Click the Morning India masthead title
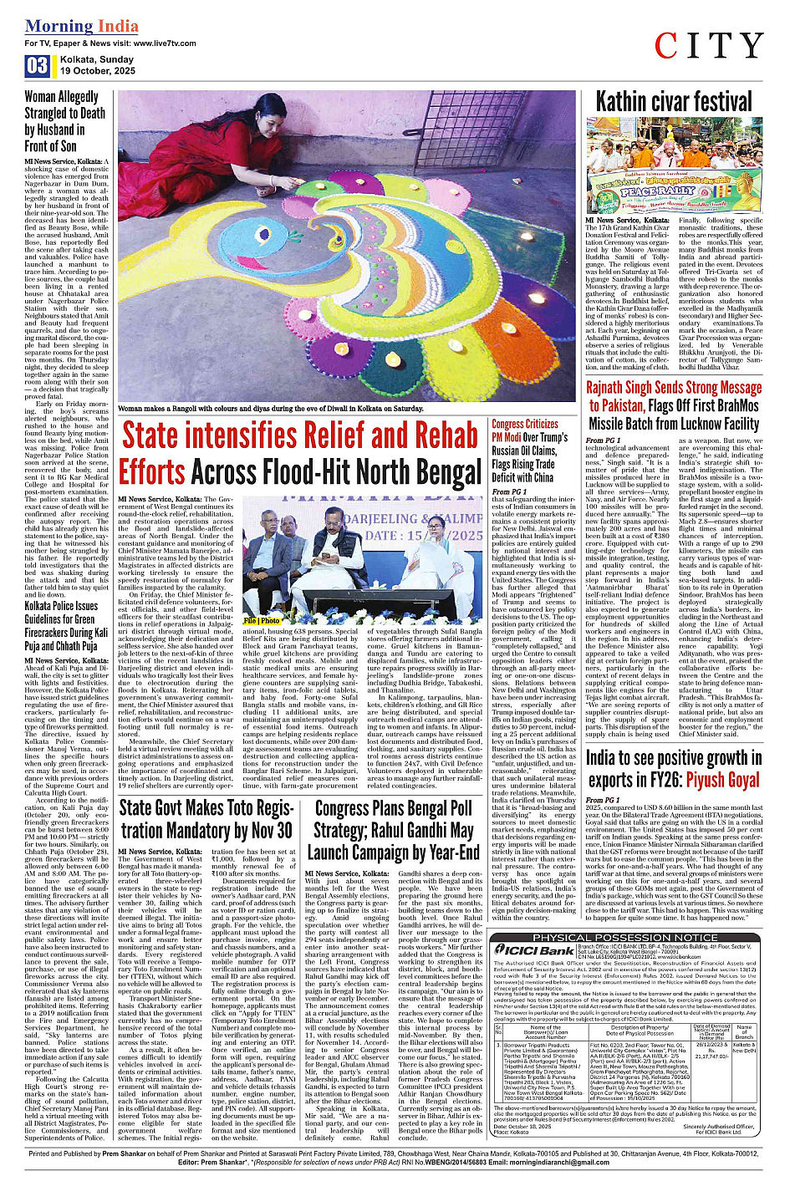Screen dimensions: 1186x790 click(81, 26)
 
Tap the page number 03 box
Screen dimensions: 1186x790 click(37, 66)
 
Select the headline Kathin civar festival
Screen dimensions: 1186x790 click(674, 102)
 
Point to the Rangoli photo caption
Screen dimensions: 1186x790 click(271, 409)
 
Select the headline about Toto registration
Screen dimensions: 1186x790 click(206, 819)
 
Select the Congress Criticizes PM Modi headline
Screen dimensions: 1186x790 click(529, 450)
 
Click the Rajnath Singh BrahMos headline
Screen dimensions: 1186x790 click(674, 405)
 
